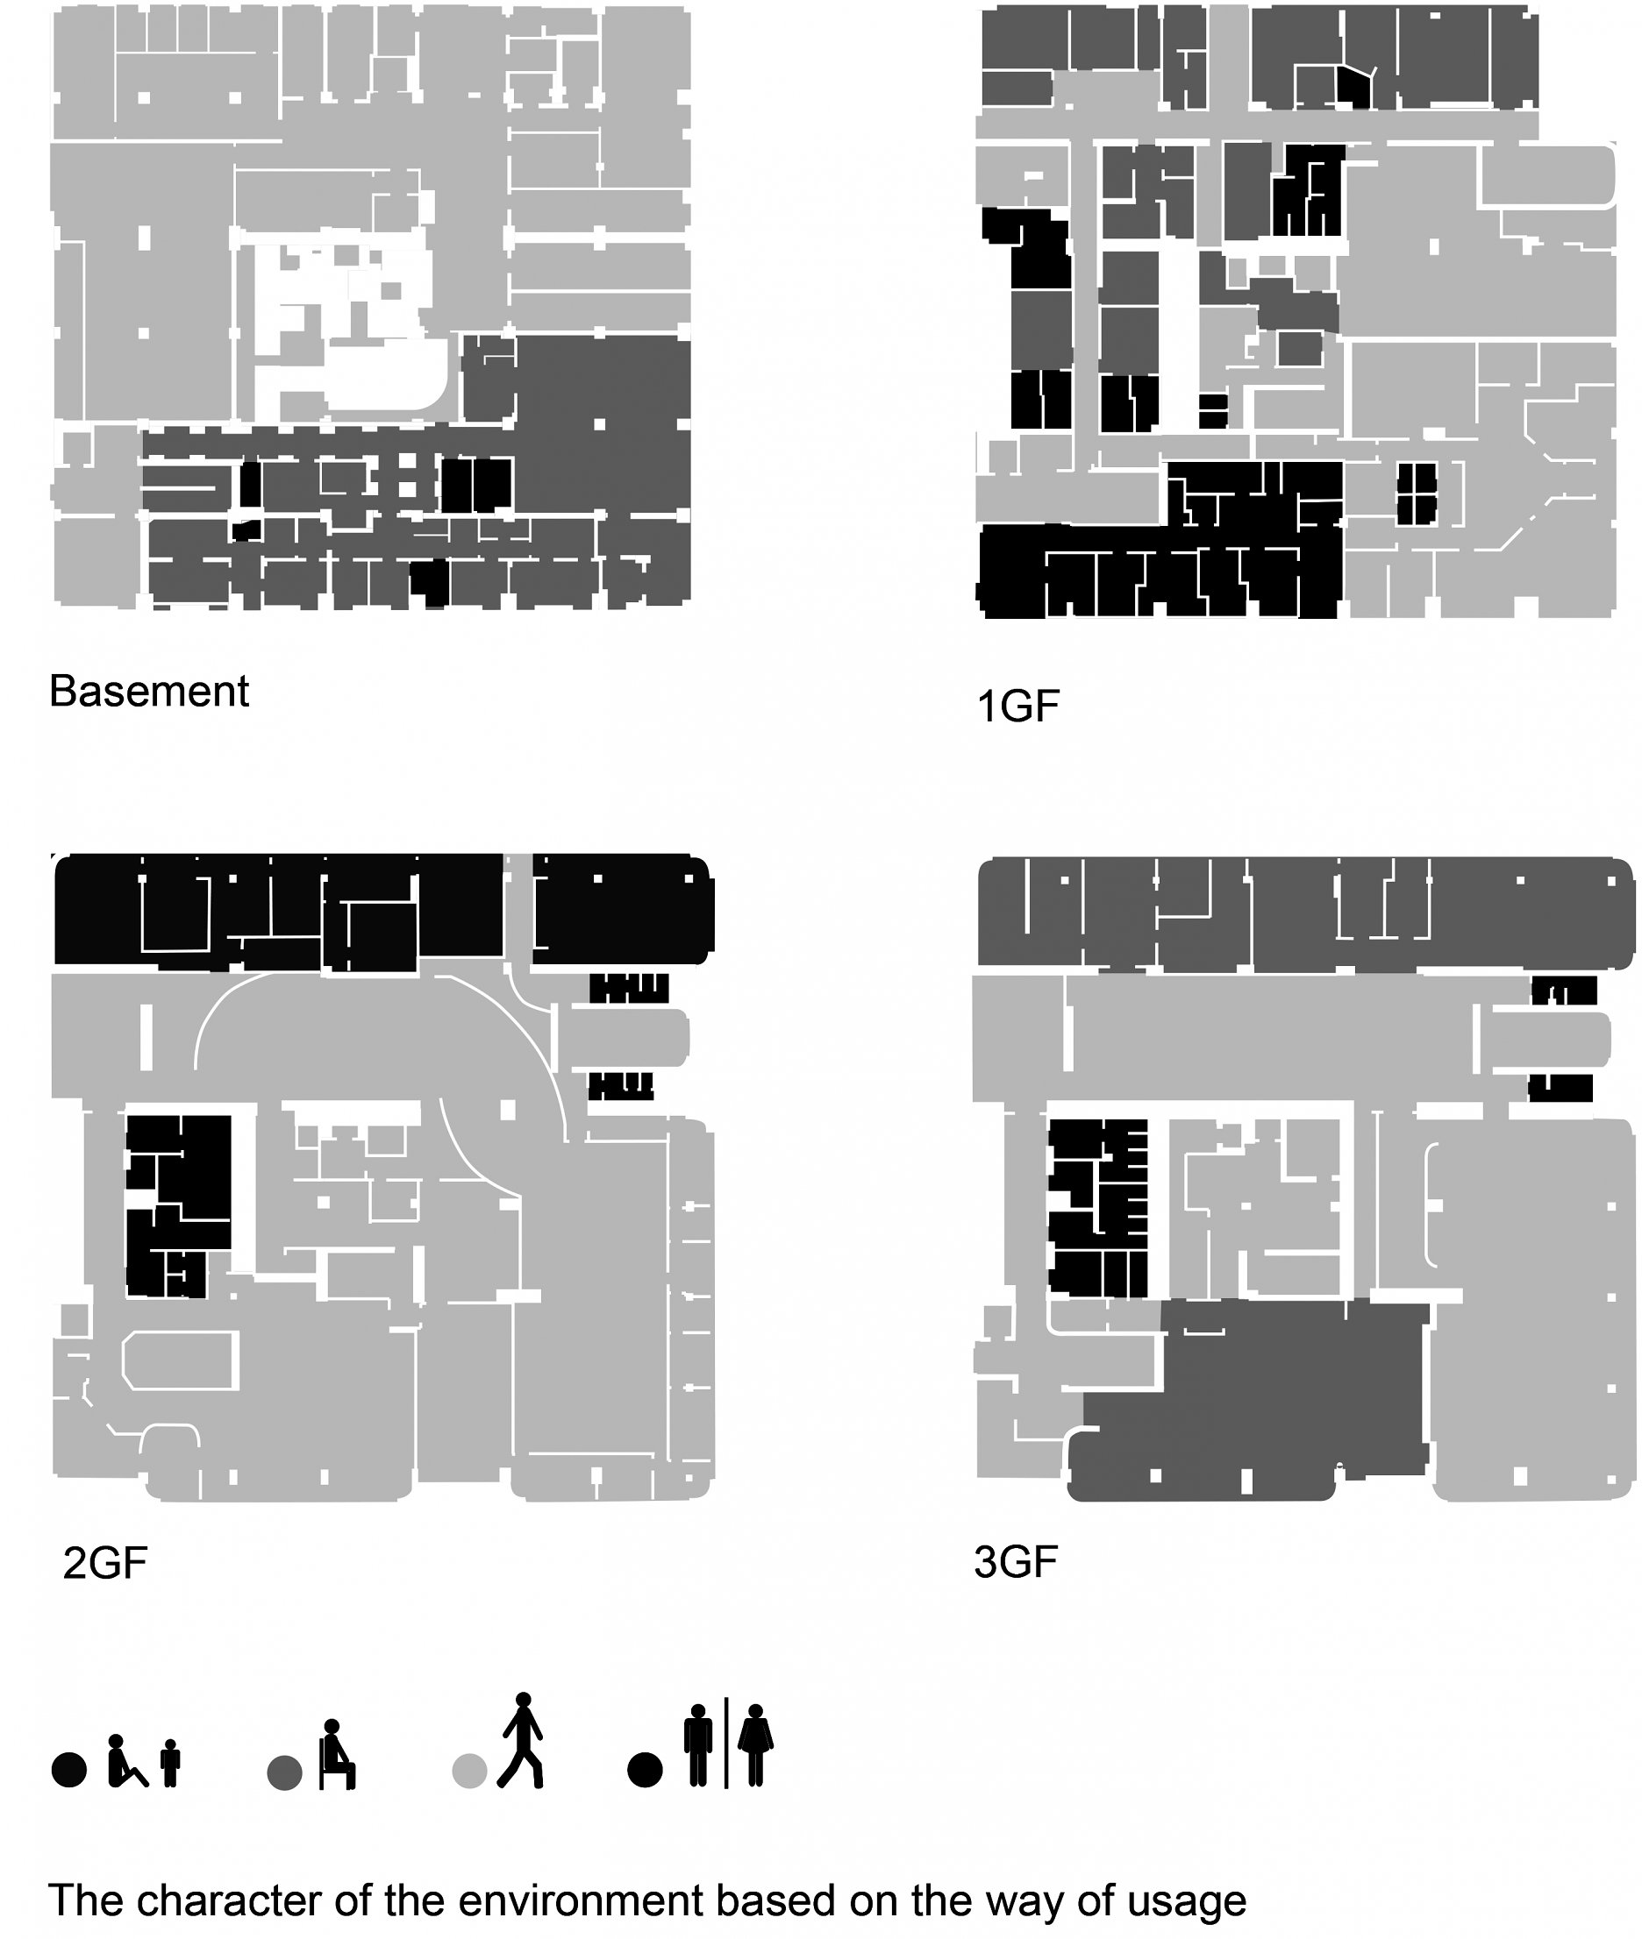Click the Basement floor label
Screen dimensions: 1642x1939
(149, 692)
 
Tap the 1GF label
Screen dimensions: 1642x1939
(1018, 707)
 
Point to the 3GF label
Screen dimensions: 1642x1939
(1016, 1561)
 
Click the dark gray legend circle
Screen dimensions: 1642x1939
(284, 1772)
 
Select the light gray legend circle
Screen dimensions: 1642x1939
(469, 1771)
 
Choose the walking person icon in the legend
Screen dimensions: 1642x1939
(521, 1740)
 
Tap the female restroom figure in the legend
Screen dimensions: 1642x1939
(756, 1744)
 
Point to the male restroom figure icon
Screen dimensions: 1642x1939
(698, 1744)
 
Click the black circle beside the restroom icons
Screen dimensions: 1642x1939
(645, 1770)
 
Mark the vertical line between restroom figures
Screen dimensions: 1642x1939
(726, 1743)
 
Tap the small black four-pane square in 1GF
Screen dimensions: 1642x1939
(1416, 494)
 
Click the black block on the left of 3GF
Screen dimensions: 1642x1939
(1097, 1208)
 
